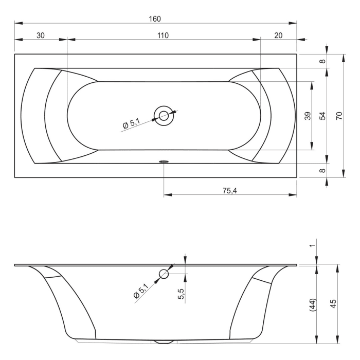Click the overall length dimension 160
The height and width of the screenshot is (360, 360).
click(155, 19)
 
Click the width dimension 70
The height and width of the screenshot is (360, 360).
click(338, 116)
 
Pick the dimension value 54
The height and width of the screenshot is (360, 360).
click(322, 116)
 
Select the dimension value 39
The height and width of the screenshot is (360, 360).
click(307, 116)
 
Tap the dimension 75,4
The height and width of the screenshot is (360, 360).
click(230, 190)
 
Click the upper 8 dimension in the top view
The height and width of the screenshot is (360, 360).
click(322, 61)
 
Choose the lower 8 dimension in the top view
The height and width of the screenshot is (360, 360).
click(322, 170)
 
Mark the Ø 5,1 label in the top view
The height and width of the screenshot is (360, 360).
click(131, 123)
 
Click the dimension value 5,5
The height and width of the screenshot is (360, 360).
click(181, 295)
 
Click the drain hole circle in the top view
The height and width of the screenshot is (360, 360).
click(164, 116)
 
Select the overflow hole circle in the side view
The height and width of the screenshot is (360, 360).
click(164, 274)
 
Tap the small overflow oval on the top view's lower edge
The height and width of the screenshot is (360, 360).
click(164, 161)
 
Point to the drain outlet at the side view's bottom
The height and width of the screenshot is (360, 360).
click(164, 341)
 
